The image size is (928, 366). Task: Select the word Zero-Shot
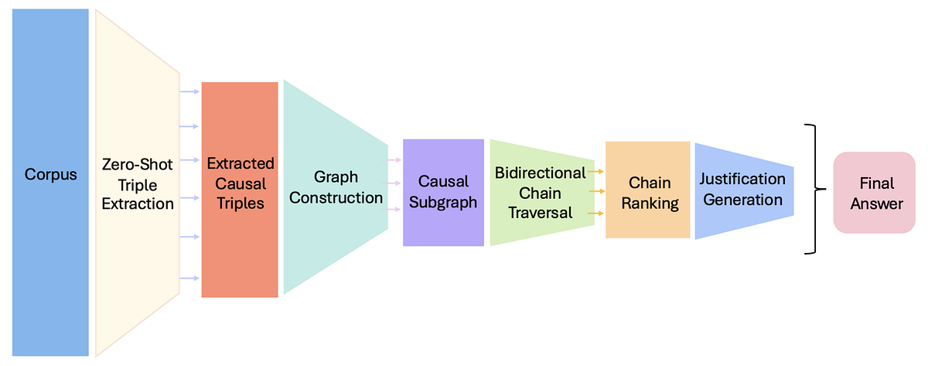[138, 165]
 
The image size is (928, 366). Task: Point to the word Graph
[336, 177]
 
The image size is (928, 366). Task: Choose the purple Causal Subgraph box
[443, 192]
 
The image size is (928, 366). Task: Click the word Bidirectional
[541, 173]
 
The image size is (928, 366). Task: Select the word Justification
[742, 180]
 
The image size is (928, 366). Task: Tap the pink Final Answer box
[875, 193]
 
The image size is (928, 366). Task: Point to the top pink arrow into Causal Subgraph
[394, 159]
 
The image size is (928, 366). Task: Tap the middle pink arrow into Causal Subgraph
[394, 183]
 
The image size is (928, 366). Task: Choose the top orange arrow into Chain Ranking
[595, 170]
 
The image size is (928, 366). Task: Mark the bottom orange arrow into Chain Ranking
[595, 212]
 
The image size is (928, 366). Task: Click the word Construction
[336, 198]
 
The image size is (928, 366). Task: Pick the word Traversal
[541, 211]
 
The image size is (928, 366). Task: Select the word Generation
[742, 200]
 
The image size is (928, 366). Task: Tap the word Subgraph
[443, 202]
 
